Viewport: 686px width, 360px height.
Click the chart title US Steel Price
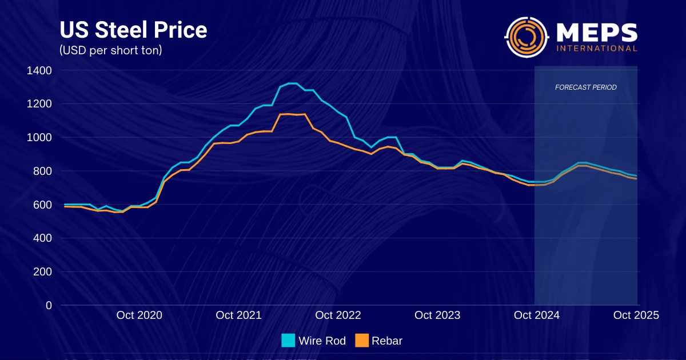click(133, 30)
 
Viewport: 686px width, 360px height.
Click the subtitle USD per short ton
click(111, 50)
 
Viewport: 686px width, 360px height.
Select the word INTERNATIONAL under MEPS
click(597, 49)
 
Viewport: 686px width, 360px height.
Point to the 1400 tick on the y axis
click(39, 70)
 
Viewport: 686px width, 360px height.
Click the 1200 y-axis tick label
click(39, 104)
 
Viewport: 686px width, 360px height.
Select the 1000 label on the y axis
click(39, 138)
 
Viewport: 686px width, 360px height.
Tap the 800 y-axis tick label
click(42, 171)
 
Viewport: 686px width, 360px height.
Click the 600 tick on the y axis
click(42, 205)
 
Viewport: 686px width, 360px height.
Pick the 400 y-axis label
click(42, 238)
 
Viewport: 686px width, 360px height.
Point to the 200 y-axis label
click(42, 272)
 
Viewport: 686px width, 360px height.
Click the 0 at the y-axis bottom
click(49, 305)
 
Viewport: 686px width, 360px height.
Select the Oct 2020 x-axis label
click(139, 315)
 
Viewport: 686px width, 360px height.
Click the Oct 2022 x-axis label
click(338, 315)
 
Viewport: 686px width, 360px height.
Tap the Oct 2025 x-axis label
click(636, 315)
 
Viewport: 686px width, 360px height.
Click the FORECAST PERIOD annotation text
click(586, 87)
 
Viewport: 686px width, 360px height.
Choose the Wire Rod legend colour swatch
click(288, 341)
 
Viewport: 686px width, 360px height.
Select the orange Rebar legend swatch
click(362, 341)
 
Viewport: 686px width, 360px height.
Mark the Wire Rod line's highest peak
click(292, 83)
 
